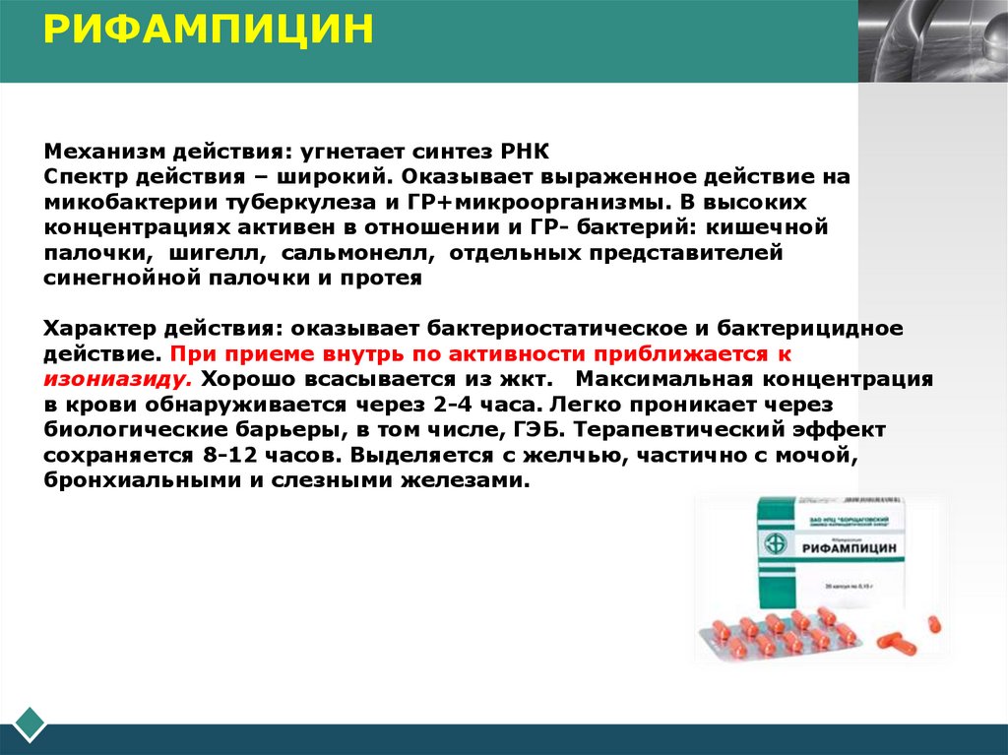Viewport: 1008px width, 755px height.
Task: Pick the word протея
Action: click(384, 278)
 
